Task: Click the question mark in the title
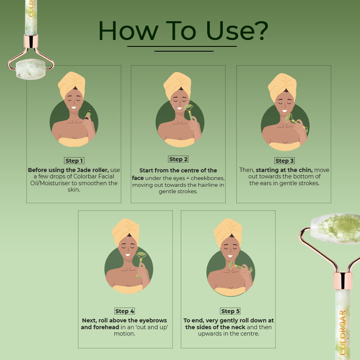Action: pos(262,31)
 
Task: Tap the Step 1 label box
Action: pos(74,161)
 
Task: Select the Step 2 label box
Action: pos(178,159)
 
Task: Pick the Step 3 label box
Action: pos(284,161)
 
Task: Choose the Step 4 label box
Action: pos(125,311)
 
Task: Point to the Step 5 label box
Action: pos(230,311)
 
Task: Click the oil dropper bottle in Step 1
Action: pos(88,114)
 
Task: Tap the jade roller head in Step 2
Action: pos(188,107)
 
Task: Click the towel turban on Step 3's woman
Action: pos(282,86)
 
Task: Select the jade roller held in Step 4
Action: pos(140,264)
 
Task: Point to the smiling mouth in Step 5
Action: pos(230,256)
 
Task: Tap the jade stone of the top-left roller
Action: pos(30,69)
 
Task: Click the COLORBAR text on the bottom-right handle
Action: pos(342,332)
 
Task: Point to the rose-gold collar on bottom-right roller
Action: pos(343,280)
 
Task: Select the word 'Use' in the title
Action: pos(230,31)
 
